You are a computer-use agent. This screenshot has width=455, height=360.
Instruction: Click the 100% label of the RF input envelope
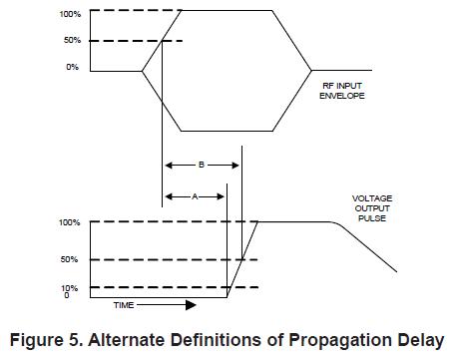pos(70,14)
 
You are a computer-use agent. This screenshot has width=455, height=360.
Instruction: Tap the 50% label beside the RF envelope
pos(73,40)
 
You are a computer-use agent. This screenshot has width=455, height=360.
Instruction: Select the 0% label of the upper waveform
pos(73,67)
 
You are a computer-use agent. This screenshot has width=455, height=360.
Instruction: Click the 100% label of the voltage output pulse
pos(70,222)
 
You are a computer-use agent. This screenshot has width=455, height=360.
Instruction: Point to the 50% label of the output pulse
pos(69,259)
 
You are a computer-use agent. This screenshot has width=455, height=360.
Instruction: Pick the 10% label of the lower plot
pos(69,288)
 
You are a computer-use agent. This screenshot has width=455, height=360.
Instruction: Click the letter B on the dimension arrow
pos(202,165)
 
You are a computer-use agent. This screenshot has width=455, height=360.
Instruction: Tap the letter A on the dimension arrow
pos(195,196)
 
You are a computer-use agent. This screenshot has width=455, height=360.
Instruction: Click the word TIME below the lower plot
pos(124,305)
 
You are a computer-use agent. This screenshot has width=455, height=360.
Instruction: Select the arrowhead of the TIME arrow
pos(191,305)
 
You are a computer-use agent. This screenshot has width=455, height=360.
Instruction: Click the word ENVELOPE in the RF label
pos(342,96)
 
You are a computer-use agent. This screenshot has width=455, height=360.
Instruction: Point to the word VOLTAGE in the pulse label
pos(372,198)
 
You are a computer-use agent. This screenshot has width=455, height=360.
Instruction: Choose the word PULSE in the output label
pos(372,218)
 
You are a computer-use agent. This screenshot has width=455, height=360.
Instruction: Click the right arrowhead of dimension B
pos(235,165)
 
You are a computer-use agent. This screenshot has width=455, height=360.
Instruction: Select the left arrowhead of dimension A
pos(169,196)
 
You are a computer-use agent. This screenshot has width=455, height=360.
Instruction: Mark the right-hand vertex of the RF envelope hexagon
pos(311,71)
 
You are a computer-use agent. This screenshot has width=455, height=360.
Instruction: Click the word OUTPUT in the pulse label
pos(372,208)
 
